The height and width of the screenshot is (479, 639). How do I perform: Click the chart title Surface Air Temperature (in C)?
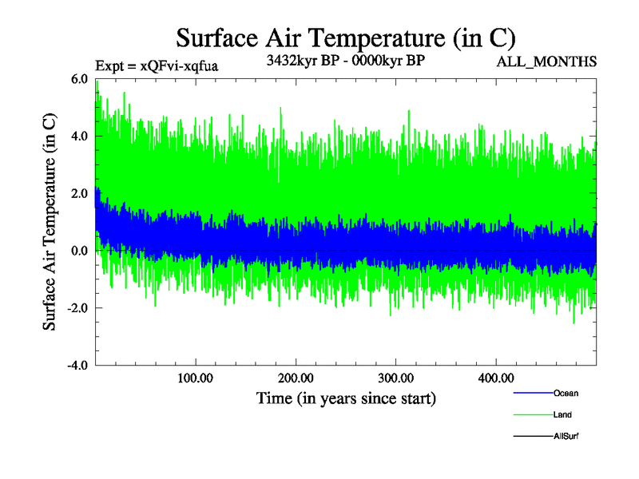pyautogui.click(x=345, y=38)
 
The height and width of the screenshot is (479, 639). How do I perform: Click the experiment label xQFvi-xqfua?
pyautogui.click(x=156, y=65)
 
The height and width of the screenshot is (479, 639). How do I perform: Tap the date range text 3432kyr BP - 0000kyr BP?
pyautogui.click(x=345, y=61)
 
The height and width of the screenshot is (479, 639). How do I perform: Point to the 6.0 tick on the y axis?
pyautogui.click(x=80, y=79)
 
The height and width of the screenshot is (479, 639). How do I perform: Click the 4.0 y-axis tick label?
pyautogui.click(x=80, y=137)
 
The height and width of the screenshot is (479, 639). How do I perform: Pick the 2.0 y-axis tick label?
pyautogui.click(x=80, y=194)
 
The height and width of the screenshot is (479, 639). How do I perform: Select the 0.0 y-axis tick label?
pyautogui.click(x=80, y=251)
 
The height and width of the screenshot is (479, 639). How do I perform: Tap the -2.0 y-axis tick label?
pyautogui.click(x=77, y=308)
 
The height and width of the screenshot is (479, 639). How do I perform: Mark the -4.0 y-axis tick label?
pyautogui.click(x=77, y=366)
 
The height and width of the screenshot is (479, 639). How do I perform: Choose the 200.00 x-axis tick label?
pyautogui.click(x=296, y=378)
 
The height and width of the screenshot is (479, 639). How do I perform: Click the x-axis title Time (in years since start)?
pyautogui.click(x=346, y=398)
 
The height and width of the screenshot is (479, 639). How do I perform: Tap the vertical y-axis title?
pyautogui.click(x=50, y=222)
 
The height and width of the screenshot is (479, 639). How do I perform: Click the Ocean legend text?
pyautogui.click(x=566, y=394)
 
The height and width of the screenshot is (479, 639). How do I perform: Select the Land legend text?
pyautogui.click(x=562, y=415)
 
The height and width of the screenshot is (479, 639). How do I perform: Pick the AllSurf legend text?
pyautogui.click(x=566, y=437)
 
